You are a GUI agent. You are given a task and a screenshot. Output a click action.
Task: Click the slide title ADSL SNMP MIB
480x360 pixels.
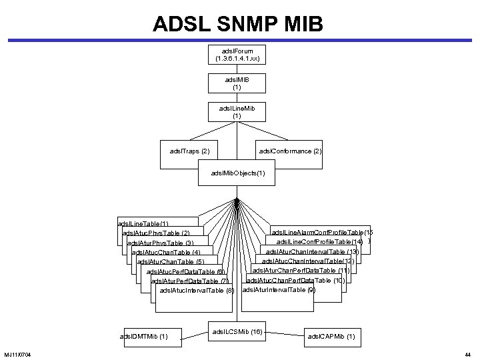click(238, 24)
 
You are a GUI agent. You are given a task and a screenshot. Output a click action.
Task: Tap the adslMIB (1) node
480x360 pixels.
click(237, 83)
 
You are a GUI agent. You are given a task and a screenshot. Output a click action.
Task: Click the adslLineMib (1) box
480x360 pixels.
click(237, 111)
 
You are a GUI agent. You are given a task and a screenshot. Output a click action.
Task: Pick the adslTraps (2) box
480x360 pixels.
click(190, 151)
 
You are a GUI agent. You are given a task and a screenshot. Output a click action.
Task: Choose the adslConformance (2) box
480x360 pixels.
click(290, 151)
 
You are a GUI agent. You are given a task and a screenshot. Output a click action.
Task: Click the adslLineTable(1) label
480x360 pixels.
click(143, 223)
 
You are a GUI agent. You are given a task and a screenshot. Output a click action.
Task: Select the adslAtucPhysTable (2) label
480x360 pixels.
click(156, 233)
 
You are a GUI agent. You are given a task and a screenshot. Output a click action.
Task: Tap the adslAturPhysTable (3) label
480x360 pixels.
click(160, 243)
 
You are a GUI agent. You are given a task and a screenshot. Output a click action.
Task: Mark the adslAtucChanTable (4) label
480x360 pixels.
click(166, 253)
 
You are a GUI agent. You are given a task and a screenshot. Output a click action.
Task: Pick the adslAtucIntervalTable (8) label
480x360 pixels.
click(197, 290)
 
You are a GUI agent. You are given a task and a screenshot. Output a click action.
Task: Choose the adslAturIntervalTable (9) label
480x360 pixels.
click(278, 290)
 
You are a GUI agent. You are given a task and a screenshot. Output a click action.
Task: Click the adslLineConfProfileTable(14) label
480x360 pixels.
click(319, 241)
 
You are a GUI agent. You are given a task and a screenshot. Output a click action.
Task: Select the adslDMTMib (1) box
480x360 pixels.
click(143, 336)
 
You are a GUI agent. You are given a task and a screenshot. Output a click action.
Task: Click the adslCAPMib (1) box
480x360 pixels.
click(331, 337)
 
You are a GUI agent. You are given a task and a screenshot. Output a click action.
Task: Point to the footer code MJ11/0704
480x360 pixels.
click(21, 353)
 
